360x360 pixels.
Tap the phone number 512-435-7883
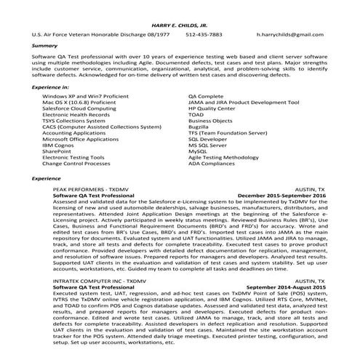coord(204,34)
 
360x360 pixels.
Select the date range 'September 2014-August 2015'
coord(286,286)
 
